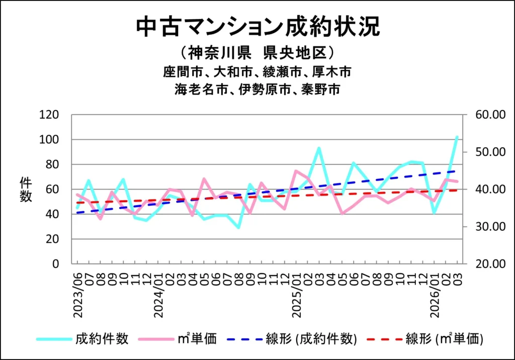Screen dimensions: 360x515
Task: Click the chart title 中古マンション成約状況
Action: tap(257, 27)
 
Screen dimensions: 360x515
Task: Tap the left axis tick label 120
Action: tap(49, 115)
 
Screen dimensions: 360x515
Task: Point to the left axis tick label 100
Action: tap(49, 139)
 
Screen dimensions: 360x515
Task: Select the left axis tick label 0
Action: tap(56, 264)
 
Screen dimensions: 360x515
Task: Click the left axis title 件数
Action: tap(26, 190)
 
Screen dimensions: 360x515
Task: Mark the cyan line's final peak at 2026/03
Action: tap(457, 137)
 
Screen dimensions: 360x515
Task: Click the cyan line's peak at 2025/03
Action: tap(319, 148)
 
